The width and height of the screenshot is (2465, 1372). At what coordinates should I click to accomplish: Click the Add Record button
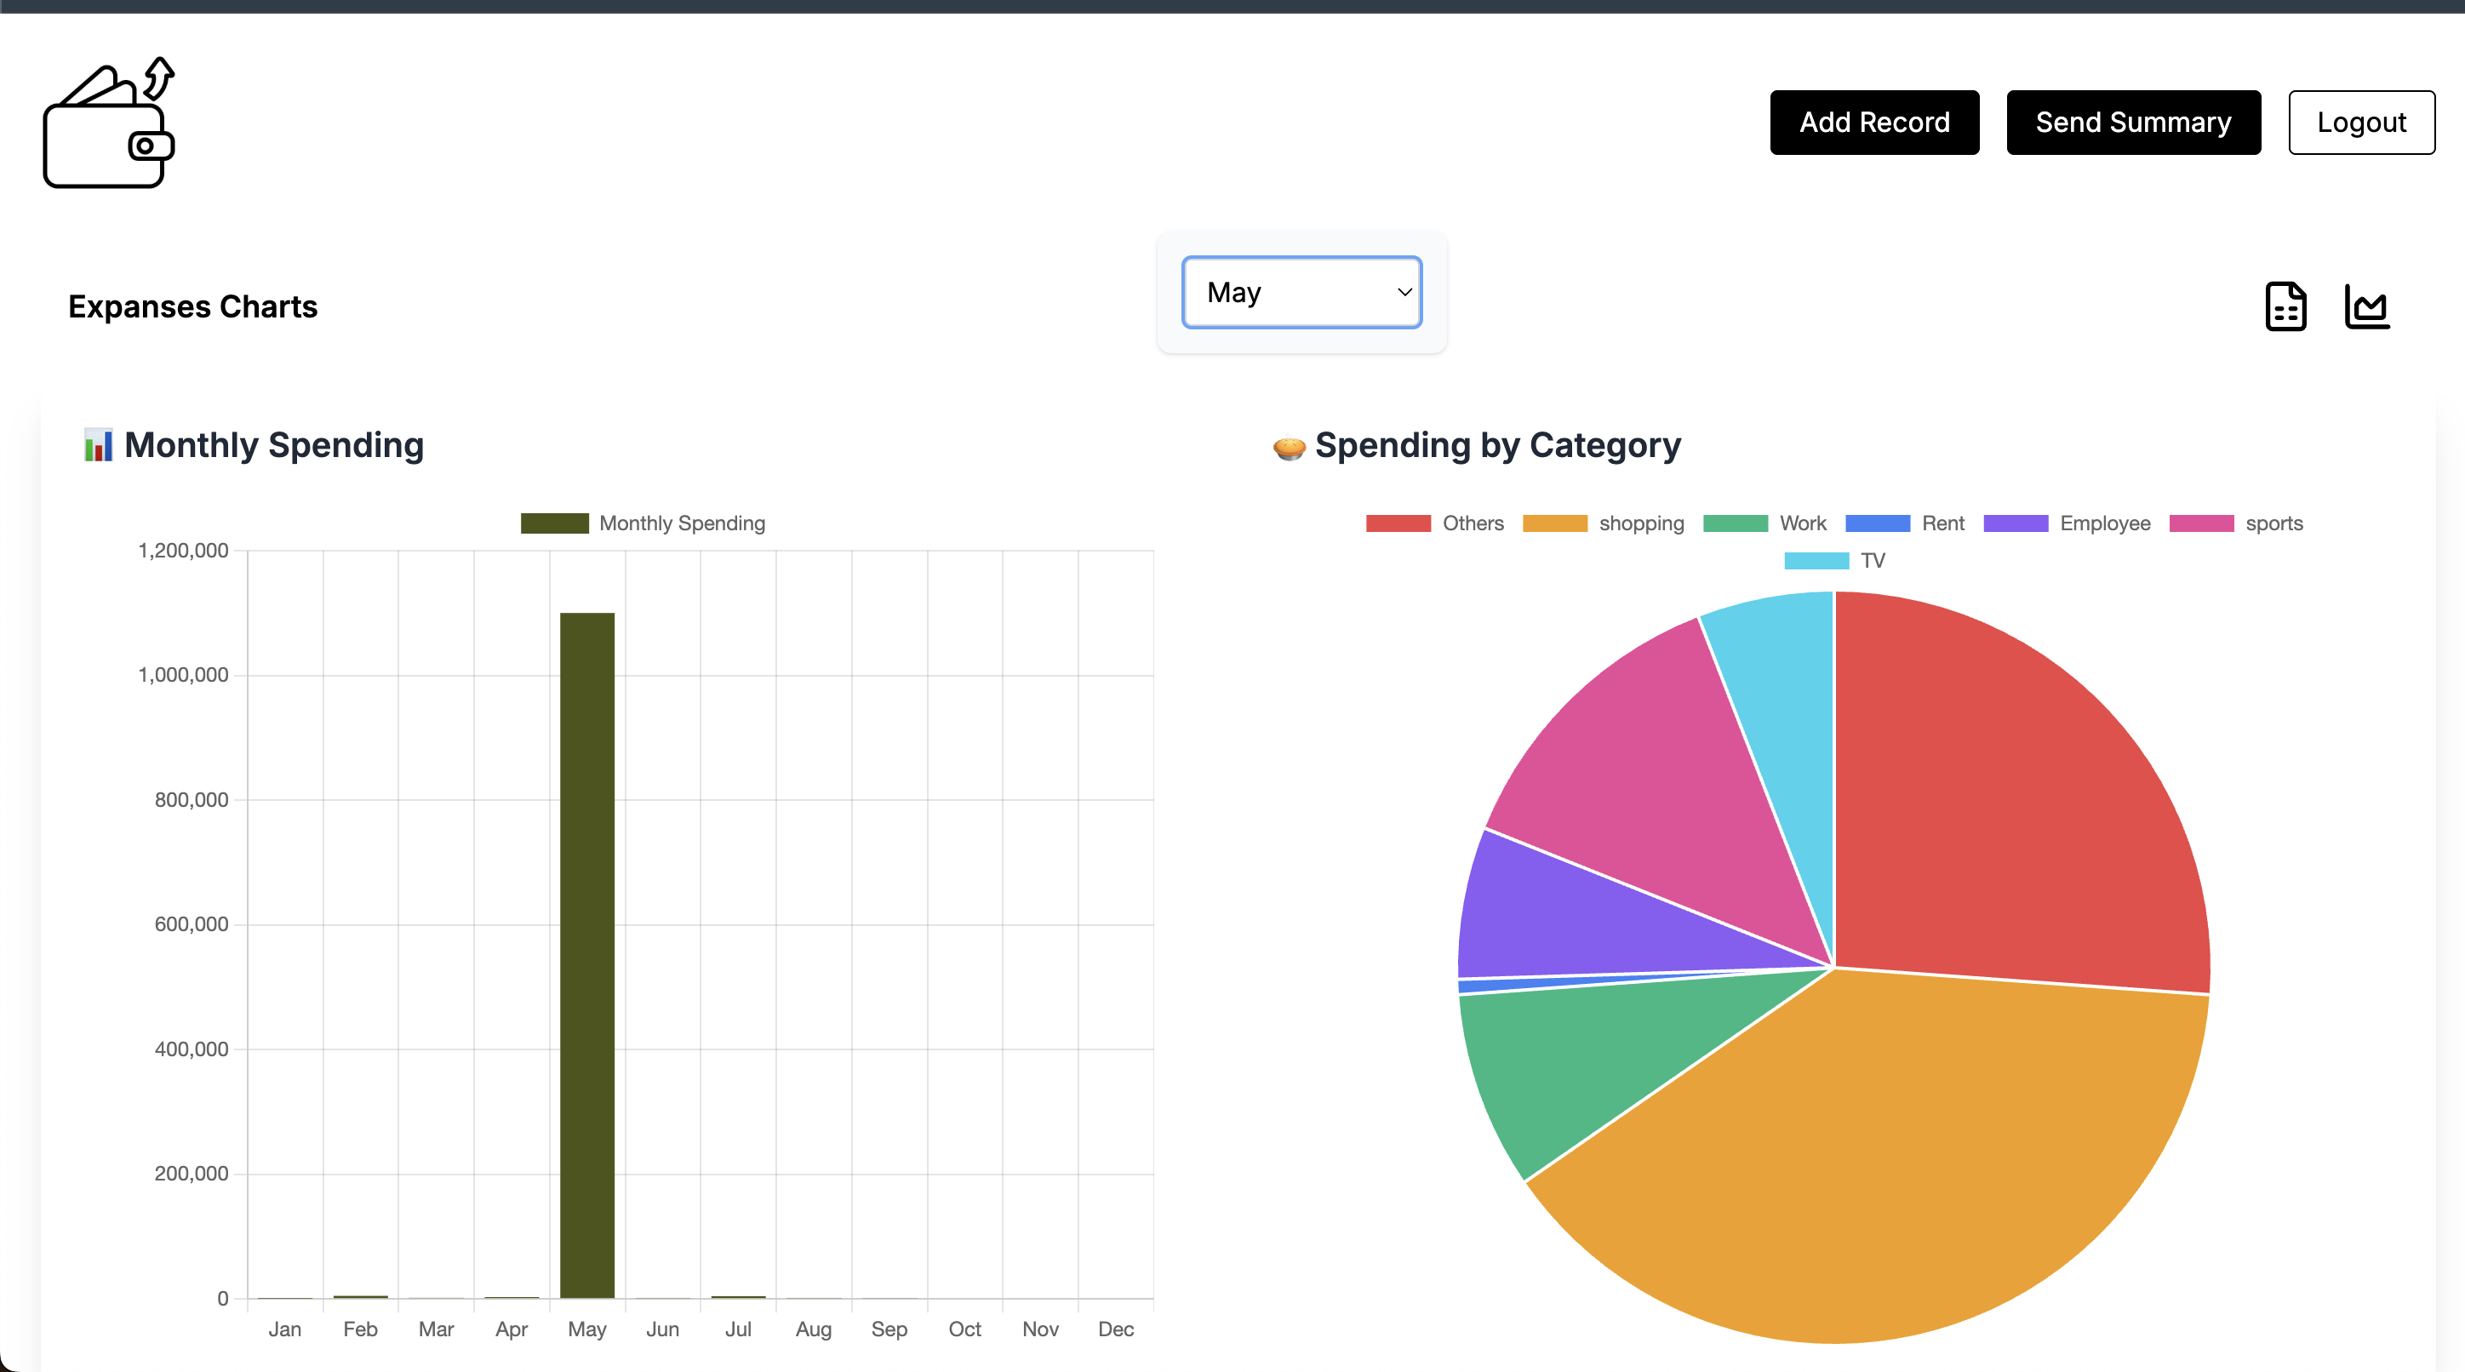pyautogui.click(x=1873, y=123)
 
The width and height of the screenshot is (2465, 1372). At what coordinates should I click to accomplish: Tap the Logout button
pyautogui.click(x=2360, y=123)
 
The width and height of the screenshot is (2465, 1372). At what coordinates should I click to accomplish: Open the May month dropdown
pyautogui.click(x=1301, y=292)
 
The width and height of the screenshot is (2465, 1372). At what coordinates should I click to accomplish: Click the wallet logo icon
pyautogui.click(x=109, y=123)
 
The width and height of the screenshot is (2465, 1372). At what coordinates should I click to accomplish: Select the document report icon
pyautogui.click(x=2285, y=307)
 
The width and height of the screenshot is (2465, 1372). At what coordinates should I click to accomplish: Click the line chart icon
pyautogui.click(x=2366, y=307)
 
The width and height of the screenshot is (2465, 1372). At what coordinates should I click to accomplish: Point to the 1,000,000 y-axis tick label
pyautogui.click(x=184, y=676)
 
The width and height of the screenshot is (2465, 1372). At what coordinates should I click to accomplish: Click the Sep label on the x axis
pyautogui.click(x=889, y=1329)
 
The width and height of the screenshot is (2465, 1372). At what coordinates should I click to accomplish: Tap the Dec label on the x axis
pyautogui.click(x=1116, y=1329)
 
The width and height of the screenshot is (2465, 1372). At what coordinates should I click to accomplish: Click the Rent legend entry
pyautogui.click(x=1905, y=523)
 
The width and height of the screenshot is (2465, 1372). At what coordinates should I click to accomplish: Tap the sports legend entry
pyautogui.click(x=2236, y=523)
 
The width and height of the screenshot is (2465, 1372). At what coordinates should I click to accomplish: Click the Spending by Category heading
pyautogui.click(x=1496, y=446)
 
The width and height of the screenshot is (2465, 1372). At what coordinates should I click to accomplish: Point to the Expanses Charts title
pyautogui.click(x=192, y=307)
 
